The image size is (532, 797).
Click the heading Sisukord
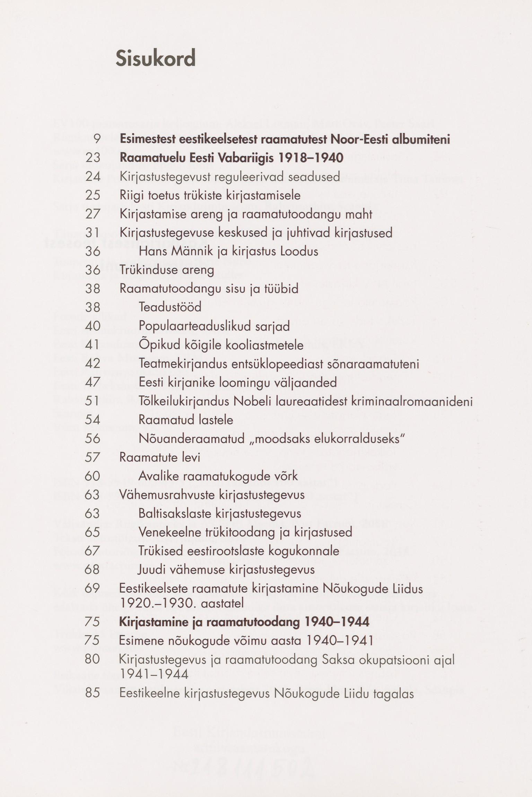pyautogui.click(x=156, y=58)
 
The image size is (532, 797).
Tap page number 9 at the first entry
pyautogui.click(x=97, y=139)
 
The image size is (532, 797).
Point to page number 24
pyautogui.click(x=93, y=177)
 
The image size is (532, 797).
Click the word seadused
pyautogui.click(x=314, y=177)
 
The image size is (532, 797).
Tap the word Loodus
pyautogui.click(x=299, y=251)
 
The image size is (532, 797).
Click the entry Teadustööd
pyautogui.click(x=170, y=307)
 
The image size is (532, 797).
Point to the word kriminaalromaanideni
pyautogui.click(x=412, y=401)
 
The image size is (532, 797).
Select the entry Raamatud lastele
pyautogui.click(x=186, y=420)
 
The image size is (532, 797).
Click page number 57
pyautogui.click(x=92, y=457)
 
